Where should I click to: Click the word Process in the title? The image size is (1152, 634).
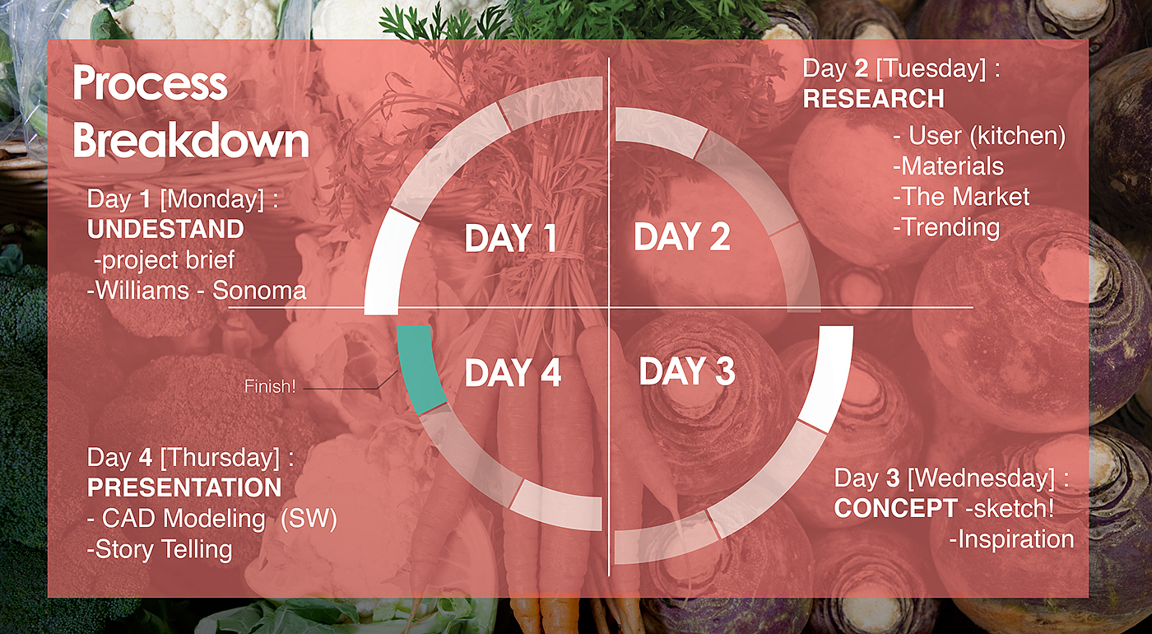pyautogui.click(x=150, y=83)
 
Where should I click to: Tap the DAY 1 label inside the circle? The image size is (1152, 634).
pyautogui.click(x=511, y=238)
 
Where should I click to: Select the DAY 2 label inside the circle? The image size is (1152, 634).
pyautogui.click(x=682, y=237)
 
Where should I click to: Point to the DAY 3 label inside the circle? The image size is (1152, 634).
pyautogui.click(x=687, y=371)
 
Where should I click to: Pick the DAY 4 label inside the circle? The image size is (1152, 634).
pyautogui.click(x=513, y=372)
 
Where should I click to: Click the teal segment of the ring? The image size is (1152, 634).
pyautogui.click(x=420, y=369)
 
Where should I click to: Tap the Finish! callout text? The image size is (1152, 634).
pyautogui.click(x=270, y=386)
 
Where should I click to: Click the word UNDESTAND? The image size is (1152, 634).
pyautogui.click(x=165, y=229)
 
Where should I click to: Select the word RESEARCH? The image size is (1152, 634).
pyautogui.click(x=874, y=98)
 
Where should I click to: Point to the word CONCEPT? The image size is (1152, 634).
pyautogui.click(x=896, y=509)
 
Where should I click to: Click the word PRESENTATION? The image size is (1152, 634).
pyautogui.click(x=184, y=487)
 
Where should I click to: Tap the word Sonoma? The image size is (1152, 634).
pyautogui.click(x=259, y=291)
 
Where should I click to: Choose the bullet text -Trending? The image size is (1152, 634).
pyautogui.click(x=946, y=227)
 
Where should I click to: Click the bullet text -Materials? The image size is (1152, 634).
pyautogui.click(x=948, y=166)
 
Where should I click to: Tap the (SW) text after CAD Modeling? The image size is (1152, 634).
pyautogui.click(x=309, y=519)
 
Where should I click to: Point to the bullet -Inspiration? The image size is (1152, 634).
pyautogui.click(x=1011, y=539)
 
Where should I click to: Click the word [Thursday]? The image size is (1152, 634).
pyautogui.click(x=221, y=458)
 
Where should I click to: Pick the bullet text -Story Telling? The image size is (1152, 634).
pyautogui.click(x=160, y=550)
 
